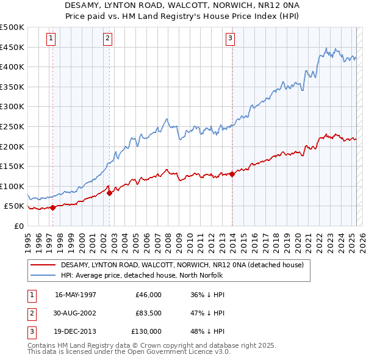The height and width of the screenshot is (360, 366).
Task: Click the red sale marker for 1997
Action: tap(52, 207)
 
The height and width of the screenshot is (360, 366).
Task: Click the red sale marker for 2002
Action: tap(109, 193)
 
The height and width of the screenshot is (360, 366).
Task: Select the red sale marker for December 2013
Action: tap(232, 174)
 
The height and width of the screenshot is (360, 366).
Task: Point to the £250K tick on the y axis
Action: tap(13, 126)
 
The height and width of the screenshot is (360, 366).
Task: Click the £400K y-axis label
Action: tap(13, 67)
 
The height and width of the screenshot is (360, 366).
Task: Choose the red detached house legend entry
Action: tap(186, 265)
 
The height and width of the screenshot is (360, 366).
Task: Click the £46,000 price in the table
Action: tap(149, 295)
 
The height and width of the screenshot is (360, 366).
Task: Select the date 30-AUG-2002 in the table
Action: tap(76, 313)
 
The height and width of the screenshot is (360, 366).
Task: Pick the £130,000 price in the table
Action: tap(146, 331)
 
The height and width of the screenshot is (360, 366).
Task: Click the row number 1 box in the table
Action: tap(31, 295)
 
